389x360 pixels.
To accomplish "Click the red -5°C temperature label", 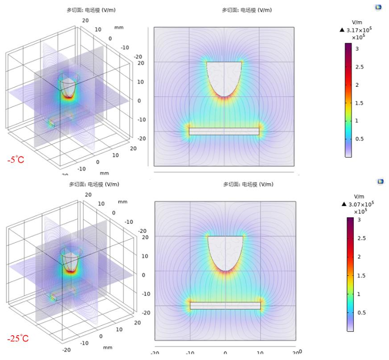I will (19, 160).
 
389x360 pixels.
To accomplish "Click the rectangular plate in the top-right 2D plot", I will (224, 131).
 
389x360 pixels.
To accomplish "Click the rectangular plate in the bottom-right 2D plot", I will (225, 305).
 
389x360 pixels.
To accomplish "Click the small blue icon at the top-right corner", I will (381, 7).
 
